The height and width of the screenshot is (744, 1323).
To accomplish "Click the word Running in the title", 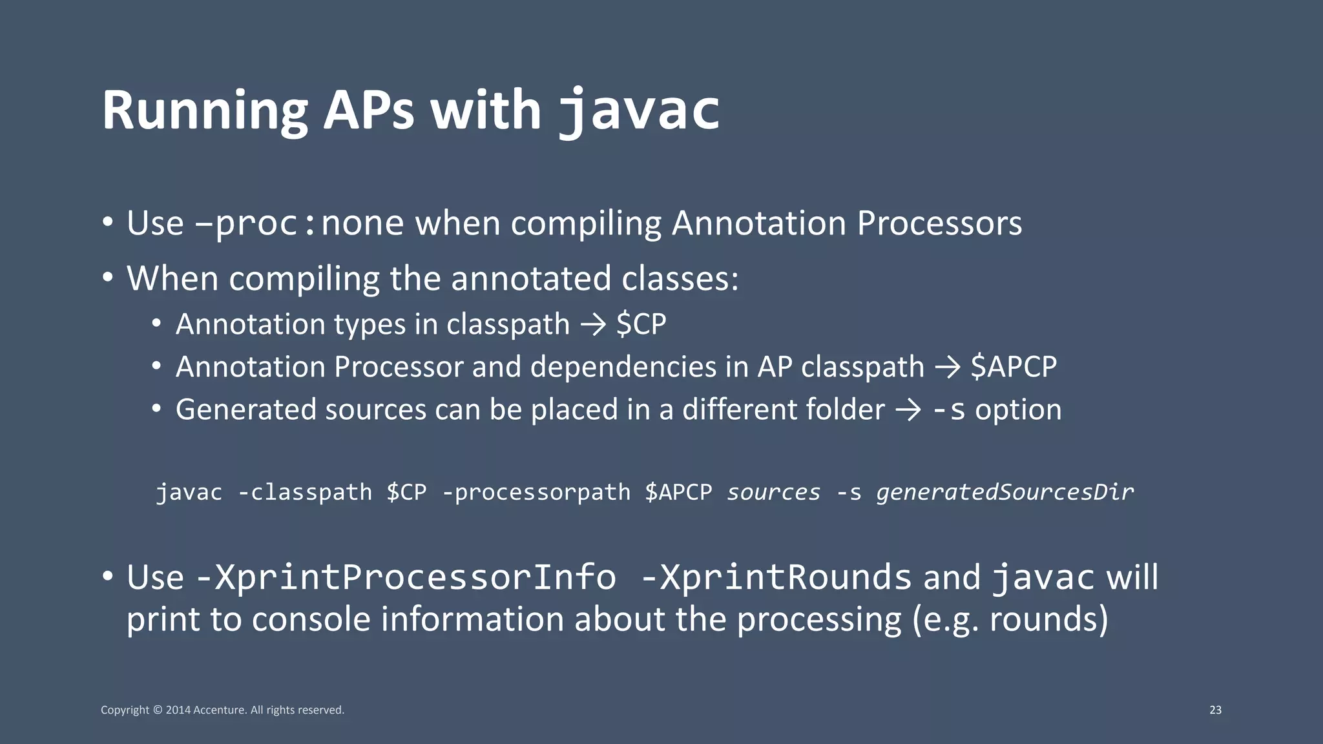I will click(x=204, y=111).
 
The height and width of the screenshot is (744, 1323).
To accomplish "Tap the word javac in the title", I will click(x=639, y=111).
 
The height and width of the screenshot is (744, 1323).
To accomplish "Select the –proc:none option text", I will click(x=299, y=223).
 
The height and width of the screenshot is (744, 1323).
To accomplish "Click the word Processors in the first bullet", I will click(x=939, y=223).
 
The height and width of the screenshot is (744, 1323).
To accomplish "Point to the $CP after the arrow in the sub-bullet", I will click(x=641, y=324).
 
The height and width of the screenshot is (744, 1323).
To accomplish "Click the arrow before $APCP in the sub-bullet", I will click(x=948, y=367).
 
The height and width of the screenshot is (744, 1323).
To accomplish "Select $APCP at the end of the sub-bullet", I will click(x=1014, y=367).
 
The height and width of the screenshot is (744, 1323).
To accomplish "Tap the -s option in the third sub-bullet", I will click(x=949, y=410).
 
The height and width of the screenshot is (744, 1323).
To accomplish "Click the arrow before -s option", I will click(x=908, y=410).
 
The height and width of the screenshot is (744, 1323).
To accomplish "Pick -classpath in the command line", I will click(x=305, y=492).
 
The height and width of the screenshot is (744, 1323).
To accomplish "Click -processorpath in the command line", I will click(x=536, y=492).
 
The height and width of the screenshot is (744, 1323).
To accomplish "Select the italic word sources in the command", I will click(x=774, y=492).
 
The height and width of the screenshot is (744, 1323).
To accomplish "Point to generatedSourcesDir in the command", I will click(x=1005, y=492).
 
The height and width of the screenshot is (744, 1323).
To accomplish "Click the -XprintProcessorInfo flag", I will click(x=406, y=577).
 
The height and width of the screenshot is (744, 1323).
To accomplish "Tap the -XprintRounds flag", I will click(x=776, y=577).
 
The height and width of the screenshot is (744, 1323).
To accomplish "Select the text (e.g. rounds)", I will click(x=1010, y=619).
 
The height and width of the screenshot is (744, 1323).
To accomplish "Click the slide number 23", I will click(x=1215, y=710).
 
